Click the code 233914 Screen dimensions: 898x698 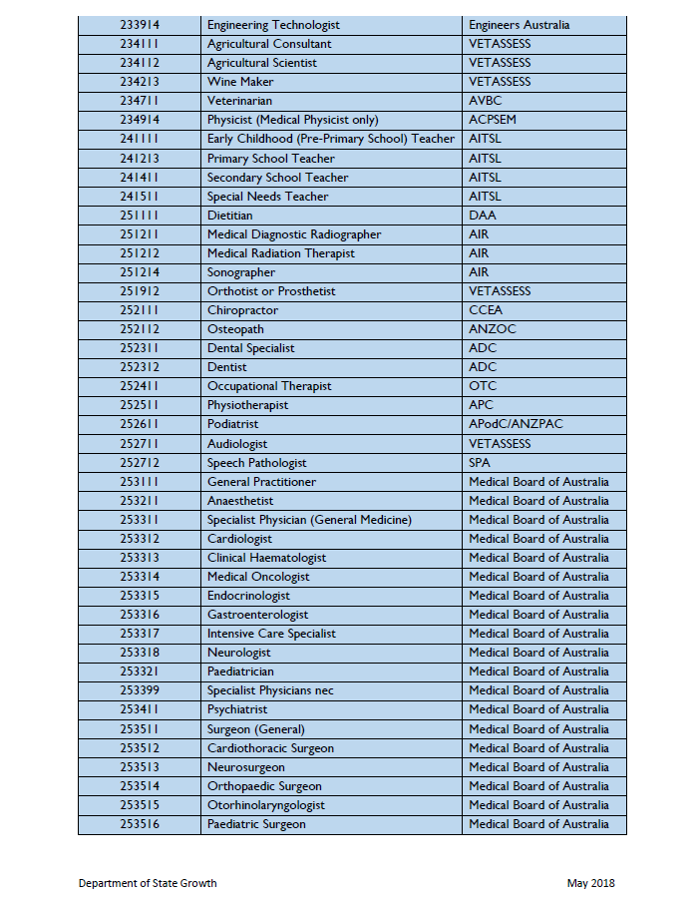tap(140, 25)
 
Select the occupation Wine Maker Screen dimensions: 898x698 tap(242, 82)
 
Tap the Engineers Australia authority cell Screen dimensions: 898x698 tap(519, 25)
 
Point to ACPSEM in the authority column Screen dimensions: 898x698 tap(492, 120)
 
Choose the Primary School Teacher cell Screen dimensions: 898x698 tap(270, 158)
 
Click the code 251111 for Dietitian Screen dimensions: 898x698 tap(140, 216)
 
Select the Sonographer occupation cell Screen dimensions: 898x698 tap(240, 272)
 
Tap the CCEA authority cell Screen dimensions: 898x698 tap(486, 310)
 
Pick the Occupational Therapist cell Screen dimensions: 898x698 tap(269, 386)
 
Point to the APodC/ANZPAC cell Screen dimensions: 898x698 tap(516, 424)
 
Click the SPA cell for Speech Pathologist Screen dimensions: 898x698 tap(481, 463)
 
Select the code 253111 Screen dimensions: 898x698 tap(140, 482)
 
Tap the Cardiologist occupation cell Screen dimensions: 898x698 tap(239, 539)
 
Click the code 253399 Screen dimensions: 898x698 tap(140, 690)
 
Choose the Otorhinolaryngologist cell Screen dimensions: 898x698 tap(266, 805)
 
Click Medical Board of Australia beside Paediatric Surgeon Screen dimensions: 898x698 tap(538, 824)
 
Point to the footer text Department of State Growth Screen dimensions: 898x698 tap(148, 883)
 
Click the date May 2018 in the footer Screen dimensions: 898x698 tap(591, 883)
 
